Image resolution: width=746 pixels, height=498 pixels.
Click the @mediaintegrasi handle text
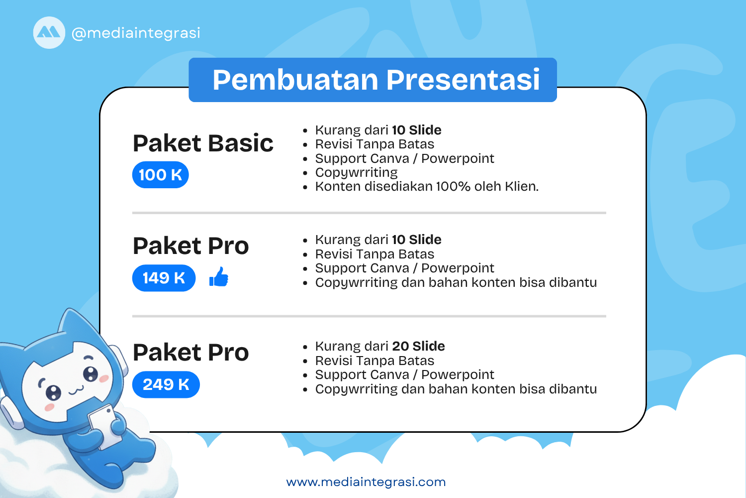click(x=136, y=33)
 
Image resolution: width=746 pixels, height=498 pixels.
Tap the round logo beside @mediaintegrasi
click(x=49, y=33)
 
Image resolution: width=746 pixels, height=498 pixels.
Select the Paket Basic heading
click(x=203, y=143)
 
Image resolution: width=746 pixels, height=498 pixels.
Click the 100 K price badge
click(x=160, y=175)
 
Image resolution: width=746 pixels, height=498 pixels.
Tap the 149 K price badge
click(x=164, y=278)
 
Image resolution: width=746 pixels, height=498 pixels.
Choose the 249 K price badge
click(x=166, y=384)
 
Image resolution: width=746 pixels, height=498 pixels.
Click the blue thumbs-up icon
click(x=219, y=277)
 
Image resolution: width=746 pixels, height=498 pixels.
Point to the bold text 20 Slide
click(x=418, y=346)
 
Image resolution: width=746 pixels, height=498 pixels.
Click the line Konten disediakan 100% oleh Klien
click(x=427, y=187)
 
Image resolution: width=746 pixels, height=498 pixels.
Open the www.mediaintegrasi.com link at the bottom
click(x=366, y=482)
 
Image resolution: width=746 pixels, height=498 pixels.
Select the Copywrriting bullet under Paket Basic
click(x=356, y=173)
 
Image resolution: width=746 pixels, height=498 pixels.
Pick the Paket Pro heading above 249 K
click(x=190, y=353)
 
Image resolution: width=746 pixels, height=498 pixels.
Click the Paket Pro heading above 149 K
click(x=190, y=246)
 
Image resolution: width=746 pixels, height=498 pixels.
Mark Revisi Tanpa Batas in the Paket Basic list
click(x=374, y=144)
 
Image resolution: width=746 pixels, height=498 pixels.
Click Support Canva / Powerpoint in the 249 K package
click(x=404, y=374)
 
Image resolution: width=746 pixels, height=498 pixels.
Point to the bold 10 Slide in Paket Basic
click(x=416, y=130)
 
